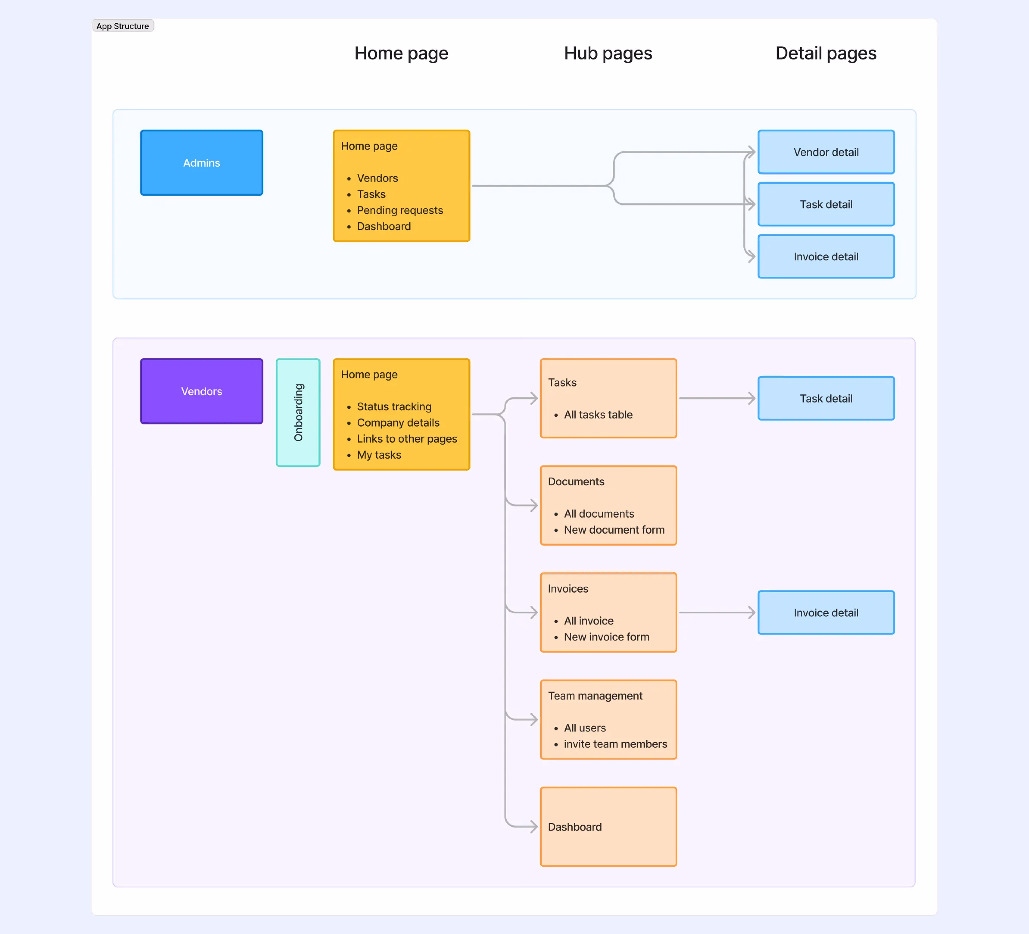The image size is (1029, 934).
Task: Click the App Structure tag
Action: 123,26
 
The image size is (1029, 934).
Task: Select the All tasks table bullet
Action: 598,415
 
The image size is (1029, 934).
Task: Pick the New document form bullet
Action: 614,529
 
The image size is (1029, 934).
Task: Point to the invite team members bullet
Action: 615,744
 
